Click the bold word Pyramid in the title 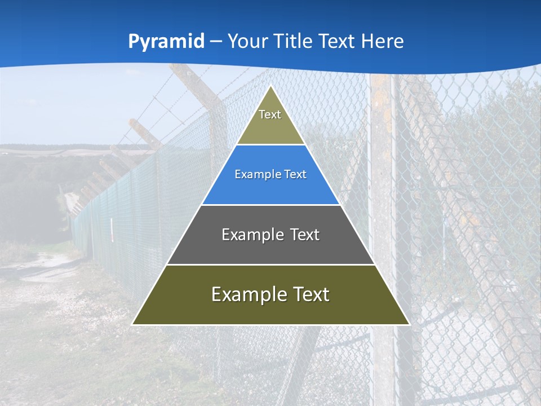pyautogui.click(x=166, y=42)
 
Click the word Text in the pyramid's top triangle pyautogui.click(x=270, y=114)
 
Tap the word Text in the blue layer pyautogui.click(x=292, y=175)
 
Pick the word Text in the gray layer pyautogui.click(x=305, y=235)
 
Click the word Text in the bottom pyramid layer pyautogui.click(x=311, y=294)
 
